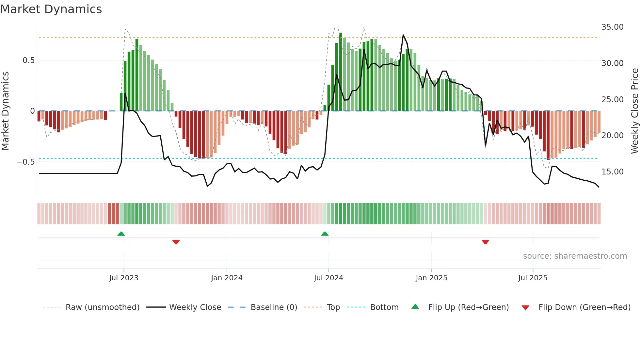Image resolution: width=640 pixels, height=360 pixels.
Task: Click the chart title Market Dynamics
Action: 51,9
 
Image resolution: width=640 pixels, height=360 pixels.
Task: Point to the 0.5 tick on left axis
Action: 28,60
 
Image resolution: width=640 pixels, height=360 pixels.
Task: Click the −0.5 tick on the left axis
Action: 26,162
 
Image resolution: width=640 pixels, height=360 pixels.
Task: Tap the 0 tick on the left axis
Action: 32,111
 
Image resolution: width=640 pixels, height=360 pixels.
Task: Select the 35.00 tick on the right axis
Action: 612,27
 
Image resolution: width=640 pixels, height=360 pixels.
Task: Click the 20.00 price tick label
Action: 612,135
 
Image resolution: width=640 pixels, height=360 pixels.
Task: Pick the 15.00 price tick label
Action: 612,172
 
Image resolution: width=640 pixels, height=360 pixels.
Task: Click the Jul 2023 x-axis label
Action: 124,278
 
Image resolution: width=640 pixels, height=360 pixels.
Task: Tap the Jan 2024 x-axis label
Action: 227,278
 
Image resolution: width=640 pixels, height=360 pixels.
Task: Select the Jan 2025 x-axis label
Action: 431,278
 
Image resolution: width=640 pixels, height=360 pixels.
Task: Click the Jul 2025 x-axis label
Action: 533,278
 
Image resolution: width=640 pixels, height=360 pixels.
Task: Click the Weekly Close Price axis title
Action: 634,111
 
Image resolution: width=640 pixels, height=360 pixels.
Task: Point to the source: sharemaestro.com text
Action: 575,256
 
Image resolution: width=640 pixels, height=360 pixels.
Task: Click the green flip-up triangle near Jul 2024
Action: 325,234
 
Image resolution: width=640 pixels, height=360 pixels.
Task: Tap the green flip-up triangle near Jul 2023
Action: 121,234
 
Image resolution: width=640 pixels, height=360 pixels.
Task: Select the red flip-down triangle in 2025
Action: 485,242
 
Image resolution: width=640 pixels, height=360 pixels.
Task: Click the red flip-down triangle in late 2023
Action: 176,242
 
